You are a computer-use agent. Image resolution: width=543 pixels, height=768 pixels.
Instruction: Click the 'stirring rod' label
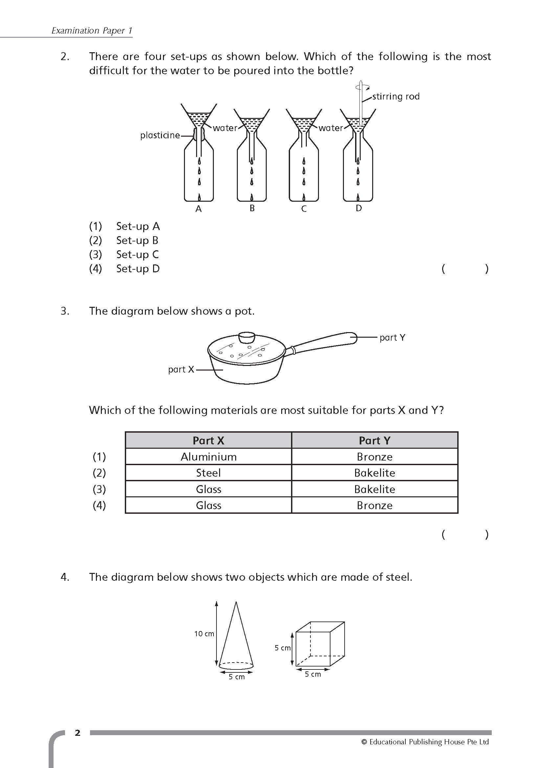pos(396,97)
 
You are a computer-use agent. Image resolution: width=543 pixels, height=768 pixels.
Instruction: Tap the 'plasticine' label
pos(160,135)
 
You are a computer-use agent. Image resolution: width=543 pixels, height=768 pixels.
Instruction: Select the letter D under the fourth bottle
pos(358,208)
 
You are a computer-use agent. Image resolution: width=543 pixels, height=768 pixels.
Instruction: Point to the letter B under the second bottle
pos(252,208)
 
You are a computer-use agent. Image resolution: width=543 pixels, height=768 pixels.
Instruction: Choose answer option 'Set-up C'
pos(137,255)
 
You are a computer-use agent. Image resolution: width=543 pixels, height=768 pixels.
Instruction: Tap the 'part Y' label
pos(392,337)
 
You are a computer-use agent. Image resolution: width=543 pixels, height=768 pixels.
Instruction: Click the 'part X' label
pos(181,369)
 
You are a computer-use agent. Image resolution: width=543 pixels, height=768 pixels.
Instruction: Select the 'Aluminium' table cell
pos(209,457)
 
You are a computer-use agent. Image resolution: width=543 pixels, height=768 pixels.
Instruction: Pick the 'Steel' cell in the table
pos(209,473)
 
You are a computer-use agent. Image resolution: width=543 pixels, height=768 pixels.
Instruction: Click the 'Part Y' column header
pos(374,440)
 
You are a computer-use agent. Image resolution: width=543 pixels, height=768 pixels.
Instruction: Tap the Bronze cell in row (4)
pos(374,505)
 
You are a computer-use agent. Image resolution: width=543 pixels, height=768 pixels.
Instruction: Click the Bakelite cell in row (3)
pos(374,489)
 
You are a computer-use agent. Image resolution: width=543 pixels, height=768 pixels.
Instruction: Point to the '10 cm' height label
pos(204,634)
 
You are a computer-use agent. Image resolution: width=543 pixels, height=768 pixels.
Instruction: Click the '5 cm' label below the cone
pos(237,677)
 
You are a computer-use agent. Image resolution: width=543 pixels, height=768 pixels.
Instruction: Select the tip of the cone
pos(236,603)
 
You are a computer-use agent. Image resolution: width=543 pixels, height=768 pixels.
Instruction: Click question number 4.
pos(65,577)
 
